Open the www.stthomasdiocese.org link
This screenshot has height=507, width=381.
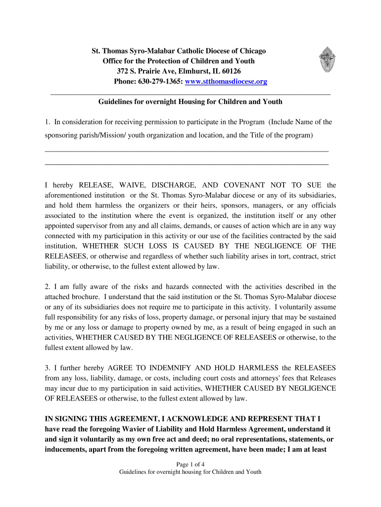click(x=226, y=81)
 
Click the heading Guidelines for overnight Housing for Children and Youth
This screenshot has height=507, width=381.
click(x=190, y=101)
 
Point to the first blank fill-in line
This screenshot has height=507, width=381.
click(x=187, y=150)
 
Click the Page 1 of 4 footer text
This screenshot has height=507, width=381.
click(x=190, y=464)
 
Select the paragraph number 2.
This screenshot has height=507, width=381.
click(x=47, y=286)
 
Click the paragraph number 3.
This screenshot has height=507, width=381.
click(x=47, y=368)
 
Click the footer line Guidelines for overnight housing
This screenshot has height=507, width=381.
click(x=190, y=472)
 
